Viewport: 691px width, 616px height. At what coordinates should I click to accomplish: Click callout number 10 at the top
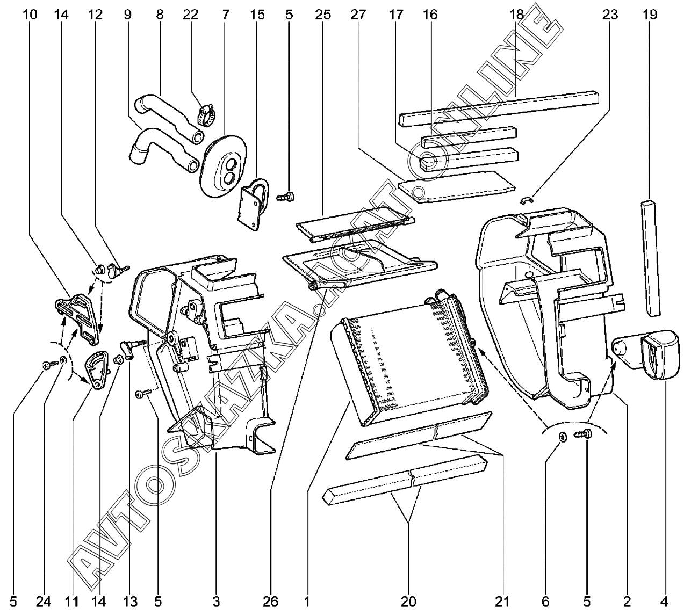(x=30, y=15)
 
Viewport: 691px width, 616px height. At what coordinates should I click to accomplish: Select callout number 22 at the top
(x=190, y=15)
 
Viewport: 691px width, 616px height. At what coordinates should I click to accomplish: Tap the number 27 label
(x=358, y=15)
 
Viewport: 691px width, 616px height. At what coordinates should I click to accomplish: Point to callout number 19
(x=650, y=15)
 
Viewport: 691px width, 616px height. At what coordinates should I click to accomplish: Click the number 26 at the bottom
(x=270, y=601)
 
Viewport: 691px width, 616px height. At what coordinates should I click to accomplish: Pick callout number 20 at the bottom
(x=408, y=601)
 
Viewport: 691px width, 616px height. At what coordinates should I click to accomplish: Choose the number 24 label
(x=44, y=601)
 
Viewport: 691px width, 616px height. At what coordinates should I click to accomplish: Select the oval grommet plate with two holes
(x=224, y=165)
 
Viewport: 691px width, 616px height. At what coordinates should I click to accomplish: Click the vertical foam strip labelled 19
(x=650, y=258)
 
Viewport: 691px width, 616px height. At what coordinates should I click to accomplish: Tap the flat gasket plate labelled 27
(x=457, y=186)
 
